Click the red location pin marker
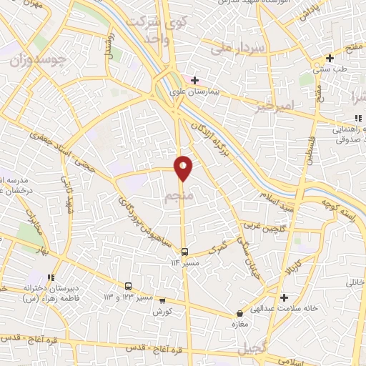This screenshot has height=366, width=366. (x=184, y=168)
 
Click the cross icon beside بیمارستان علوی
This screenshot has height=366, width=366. (x=194, y=79)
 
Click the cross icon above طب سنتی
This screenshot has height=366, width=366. (x=330, y=59)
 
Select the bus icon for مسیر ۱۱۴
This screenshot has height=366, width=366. (x=185, y=252)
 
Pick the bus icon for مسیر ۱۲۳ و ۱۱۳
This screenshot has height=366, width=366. (x=129, y=285)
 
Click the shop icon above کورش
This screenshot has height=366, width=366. (x=162, y=301)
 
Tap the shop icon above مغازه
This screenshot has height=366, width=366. (x=240, y=314)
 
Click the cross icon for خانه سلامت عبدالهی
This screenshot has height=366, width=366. (x=285, y=297)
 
